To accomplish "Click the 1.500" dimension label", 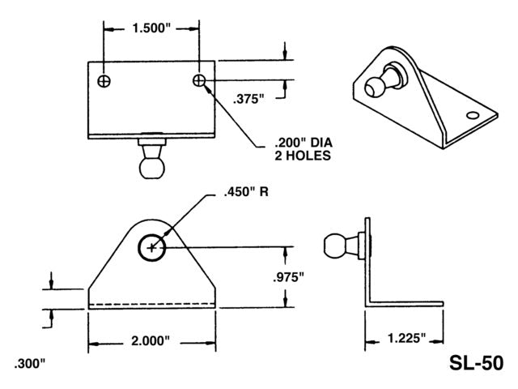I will pyautogui.click(x=151, y=28).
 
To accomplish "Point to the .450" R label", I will pyautogui.click(x=242, y=194).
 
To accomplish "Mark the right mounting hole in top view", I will pyautogui.click(x=199, y=80).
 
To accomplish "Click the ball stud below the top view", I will pyautogui.click(x=151, y=162).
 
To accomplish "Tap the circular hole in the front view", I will pyautogui.click(x=151, y=247).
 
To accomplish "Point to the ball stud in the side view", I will pyautogui.click(x=339, y=244).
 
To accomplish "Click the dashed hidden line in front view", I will pyautogui.click(x=151, y=305).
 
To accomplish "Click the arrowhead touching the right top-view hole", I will pyautogui.click(x=207, y=88).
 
